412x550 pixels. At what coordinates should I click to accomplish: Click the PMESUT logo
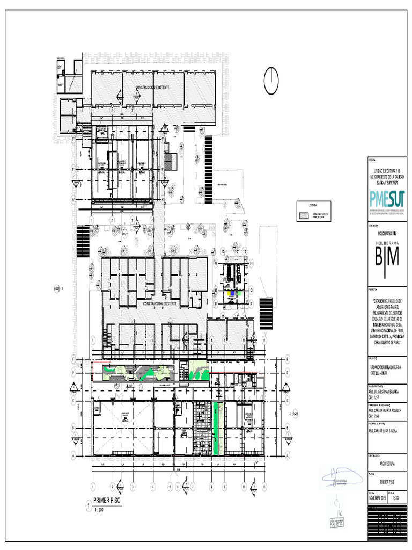pyautogui.click(x=387, y=199)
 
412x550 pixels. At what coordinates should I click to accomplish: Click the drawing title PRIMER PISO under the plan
pyautogui.click(x=107, y=501)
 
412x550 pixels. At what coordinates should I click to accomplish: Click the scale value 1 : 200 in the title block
pyautogui.click(x=397, y=498)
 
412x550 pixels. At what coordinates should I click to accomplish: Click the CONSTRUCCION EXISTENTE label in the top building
pyautogui.click(x=152, y=87)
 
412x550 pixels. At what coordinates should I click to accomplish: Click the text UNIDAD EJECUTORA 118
pyautogui.click(x=387, y=170)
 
